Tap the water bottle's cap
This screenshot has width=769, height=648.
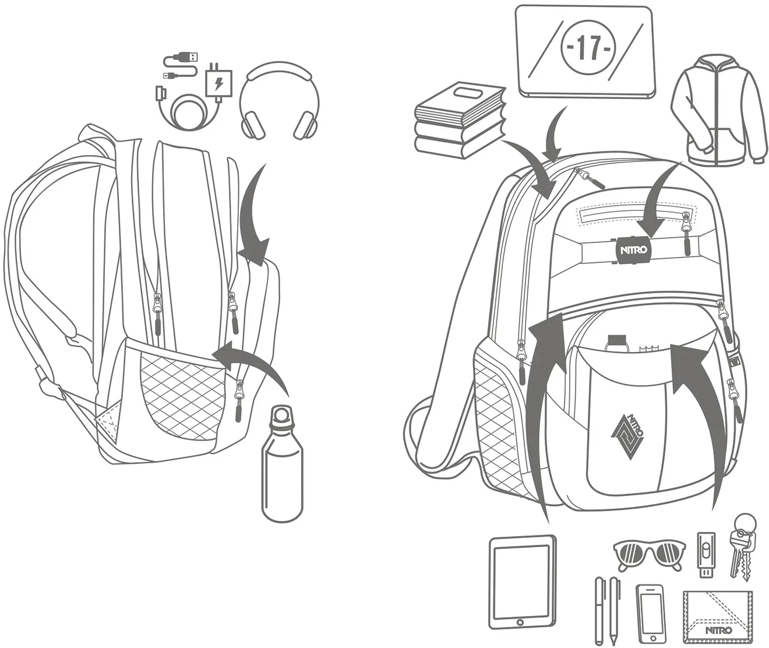tap(281, 415)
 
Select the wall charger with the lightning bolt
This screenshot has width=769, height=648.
tap(218, 83)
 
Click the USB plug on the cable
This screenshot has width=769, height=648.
tap(188, 57)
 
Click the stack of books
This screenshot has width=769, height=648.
tap(459, 119)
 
